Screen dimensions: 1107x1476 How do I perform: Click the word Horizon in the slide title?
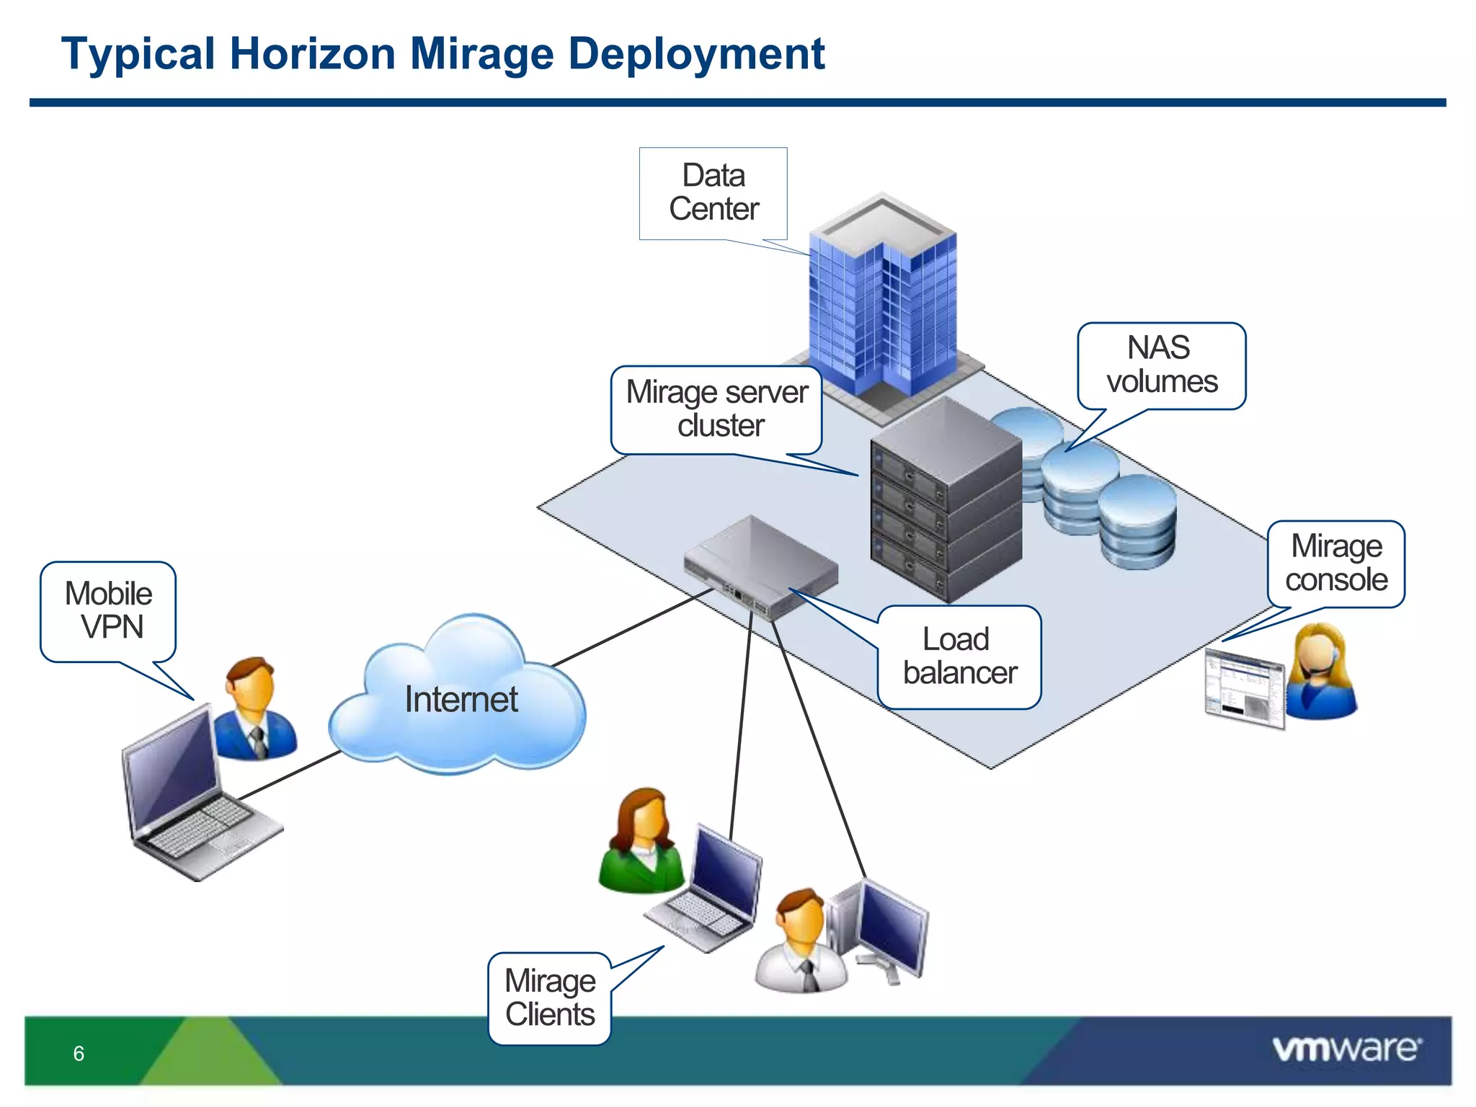312,54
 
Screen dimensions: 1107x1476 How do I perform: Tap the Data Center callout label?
713,192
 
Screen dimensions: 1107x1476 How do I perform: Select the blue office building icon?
883,303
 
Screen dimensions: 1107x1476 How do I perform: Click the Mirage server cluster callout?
716,409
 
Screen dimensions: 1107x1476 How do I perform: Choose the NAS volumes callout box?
1161,365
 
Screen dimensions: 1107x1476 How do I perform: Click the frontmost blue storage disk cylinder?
1137,523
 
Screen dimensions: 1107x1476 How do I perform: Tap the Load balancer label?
959,657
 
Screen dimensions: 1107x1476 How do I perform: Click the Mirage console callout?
1336,564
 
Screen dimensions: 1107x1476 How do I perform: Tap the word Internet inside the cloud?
461,700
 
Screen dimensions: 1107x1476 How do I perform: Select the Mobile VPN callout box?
109,610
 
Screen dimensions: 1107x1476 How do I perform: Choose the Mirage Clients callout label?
550,998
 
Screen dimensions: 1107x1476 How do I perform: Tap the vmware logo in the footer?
1346,1049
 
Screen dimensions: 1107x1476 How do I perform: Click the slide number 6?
79,1054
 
